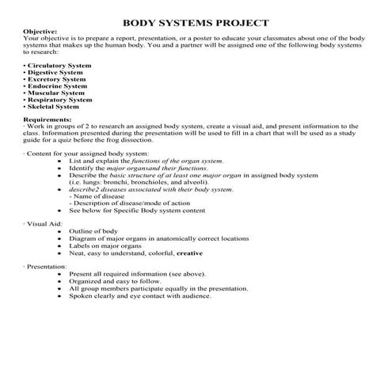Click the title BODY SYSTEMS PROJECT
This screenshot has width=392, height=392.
[196, 22]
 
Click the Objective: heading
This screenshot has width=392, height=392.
[41, 32]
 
